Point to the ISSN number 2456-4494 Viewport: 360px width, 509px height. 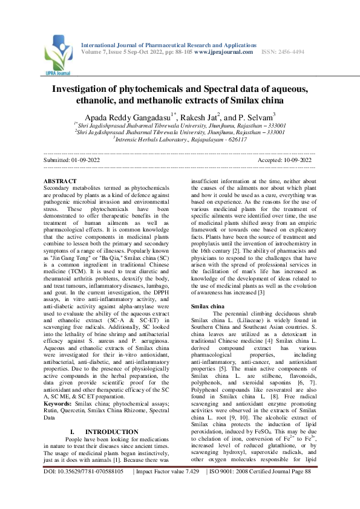pos(283,52)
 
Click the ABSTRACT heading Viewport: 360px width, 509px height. pos(61,181)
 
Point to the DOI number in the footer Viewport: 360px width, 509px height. pos(85,488)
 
